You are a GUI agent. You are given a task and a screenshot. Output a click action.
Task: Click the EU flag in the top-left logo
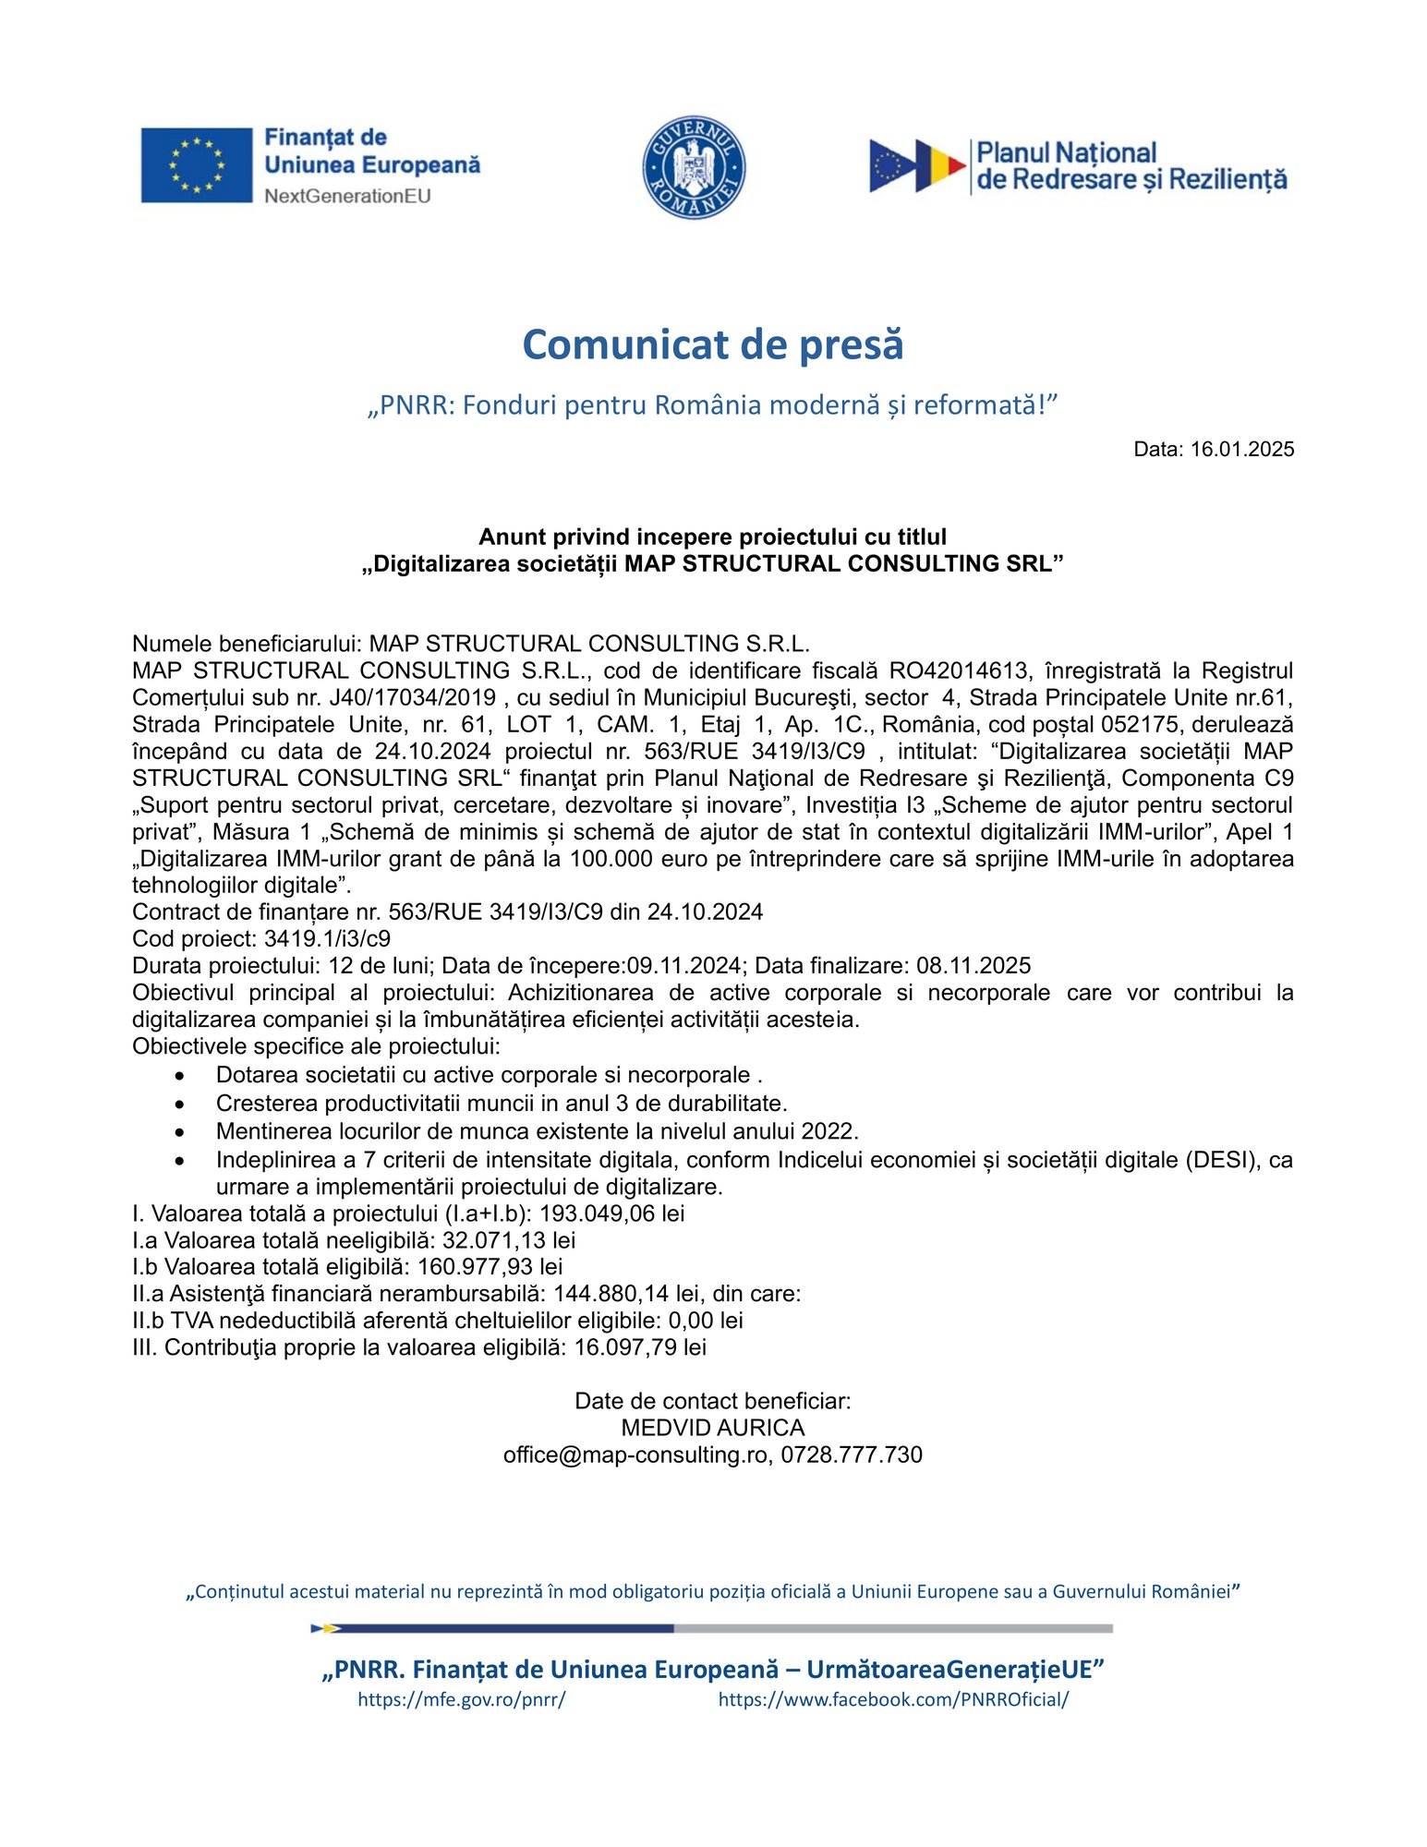tap(196, 165)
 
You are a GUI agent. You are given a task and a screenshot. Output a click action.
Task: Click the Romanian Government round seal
tap(694, 167)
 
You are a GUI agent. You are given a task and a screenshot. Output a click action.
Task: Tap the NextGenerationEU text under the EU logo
tap(347, 196)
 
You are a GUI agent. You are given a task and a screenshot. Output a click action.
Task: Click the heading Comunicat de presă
tap(712, 344)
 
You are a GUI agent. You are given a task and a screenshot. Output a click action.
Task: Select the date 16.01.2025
tap(1242, 450)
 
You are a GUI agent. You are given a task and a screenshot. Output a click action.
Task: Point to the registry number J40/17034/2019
tap(412, 697)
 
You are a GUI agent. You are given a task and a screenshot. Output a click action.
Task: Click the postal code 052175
tap(1139, 724)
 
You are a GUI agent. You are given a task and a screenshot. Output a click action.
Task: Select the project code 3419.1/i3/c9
tap(327, 939)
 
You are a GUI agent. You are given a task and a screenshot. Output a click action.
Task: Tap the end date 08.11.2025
tap(974, 966)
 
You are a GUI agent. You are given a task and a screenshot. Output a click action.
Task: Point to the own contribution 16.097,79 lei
tap(640, 1347)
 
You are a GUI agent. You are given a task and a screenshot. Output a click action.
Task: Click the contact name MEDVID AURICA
tap(712, 1428)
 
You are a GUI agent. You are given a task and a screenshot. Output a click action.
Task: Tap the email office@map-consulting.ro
tap(635, 1455)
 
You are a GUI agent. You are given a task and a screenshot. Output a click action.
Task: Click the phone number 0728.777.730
tap(852, 1455)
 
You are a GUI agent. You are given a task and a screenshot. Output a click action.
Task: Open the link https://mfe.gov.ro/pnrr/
tap(461, 1699)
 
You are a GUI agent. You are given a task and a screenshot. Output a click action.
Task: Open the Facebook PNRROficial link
tap(893, 1699)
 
